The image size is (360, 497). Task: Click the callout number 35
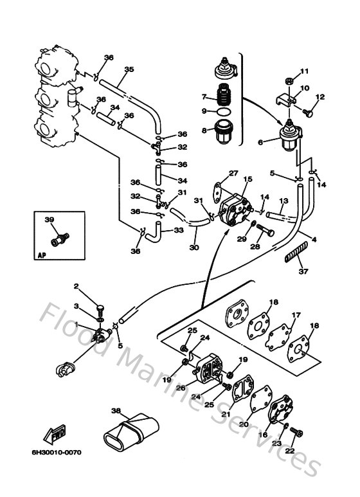(x=129, y=69)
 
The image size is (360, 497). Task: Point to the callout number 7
(x=204, y=97)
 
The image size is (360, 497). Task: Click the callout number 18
(x=274, y=302)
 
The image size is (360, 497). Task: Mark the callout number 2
(x=75, y=286)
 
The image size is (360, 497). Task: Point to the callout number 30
(x=194, y=248)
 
